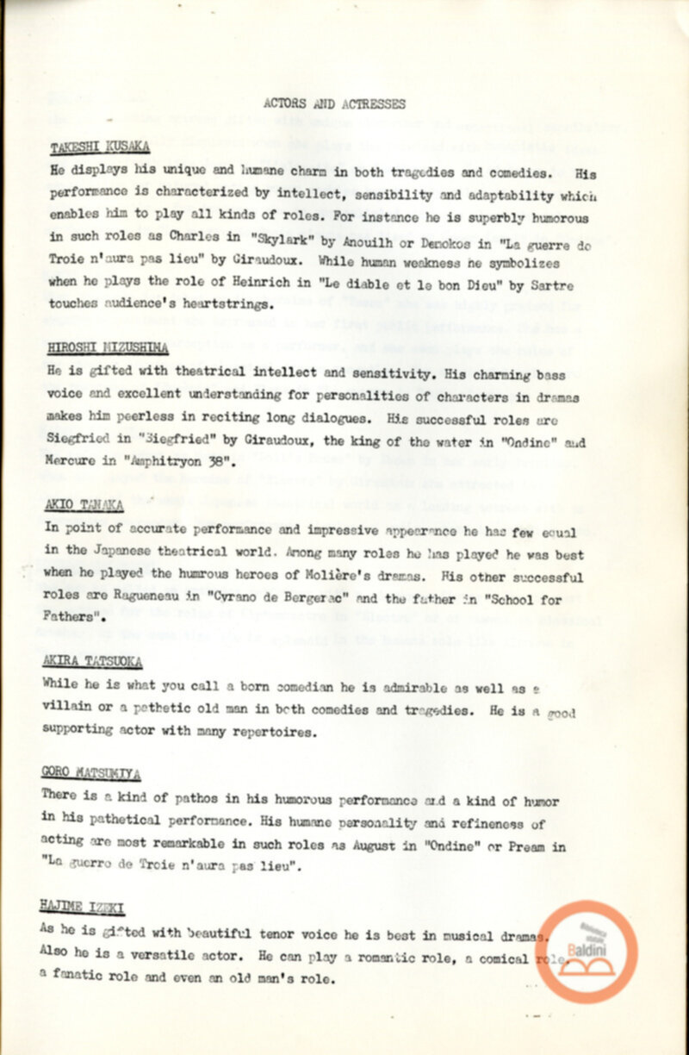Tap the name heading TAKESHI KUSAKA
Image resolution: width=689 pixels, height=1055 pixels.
(x=100, y=147)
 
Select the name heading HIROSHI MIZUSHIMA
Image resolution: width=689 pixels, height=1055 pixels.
(x=108, y=348)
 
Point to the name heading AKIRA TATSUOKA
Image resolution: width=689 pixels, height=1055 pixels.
(x=91, y=661)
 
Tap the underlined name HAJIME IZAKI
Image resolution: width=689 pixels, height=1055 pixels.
(x=83, y=905)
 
